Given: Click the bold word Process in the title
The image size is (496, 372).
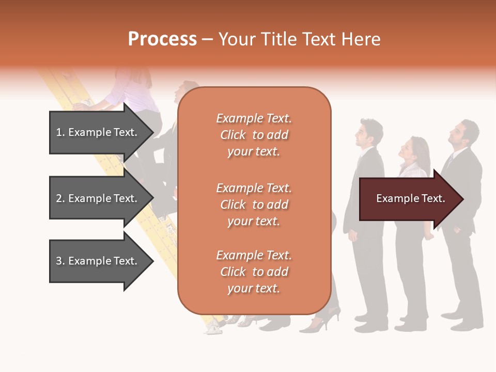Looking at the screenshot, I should click(x=162, y=39).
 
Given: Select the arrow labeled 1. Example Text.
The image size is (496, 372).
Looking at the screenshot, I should click(x=98, y=132).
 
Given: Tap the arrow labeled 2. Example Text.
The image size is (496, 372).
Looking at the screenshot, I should click(x=98, y=198).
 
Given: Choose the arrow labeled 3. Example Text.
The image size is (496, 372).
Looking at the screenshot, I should click(x=98, y=261).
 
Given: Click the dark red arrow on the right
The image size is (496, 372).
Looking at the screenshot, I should click(x=408, y=199).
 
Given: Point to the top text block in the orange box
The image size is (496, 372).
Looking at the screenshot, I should click(x=254, y=135).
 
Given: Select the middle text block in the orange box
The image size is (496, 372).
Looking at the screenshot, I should click(x=254, y=204).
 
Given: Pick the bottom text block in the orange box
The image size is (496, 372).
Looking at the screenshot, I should click(x=254, y=272).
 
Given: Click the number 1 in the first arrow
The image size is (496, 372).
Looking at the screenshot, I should click(x=59, y=132).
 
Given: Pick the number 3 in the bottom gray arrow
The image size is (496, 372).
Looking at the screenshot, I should click(x=59, y=261).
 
